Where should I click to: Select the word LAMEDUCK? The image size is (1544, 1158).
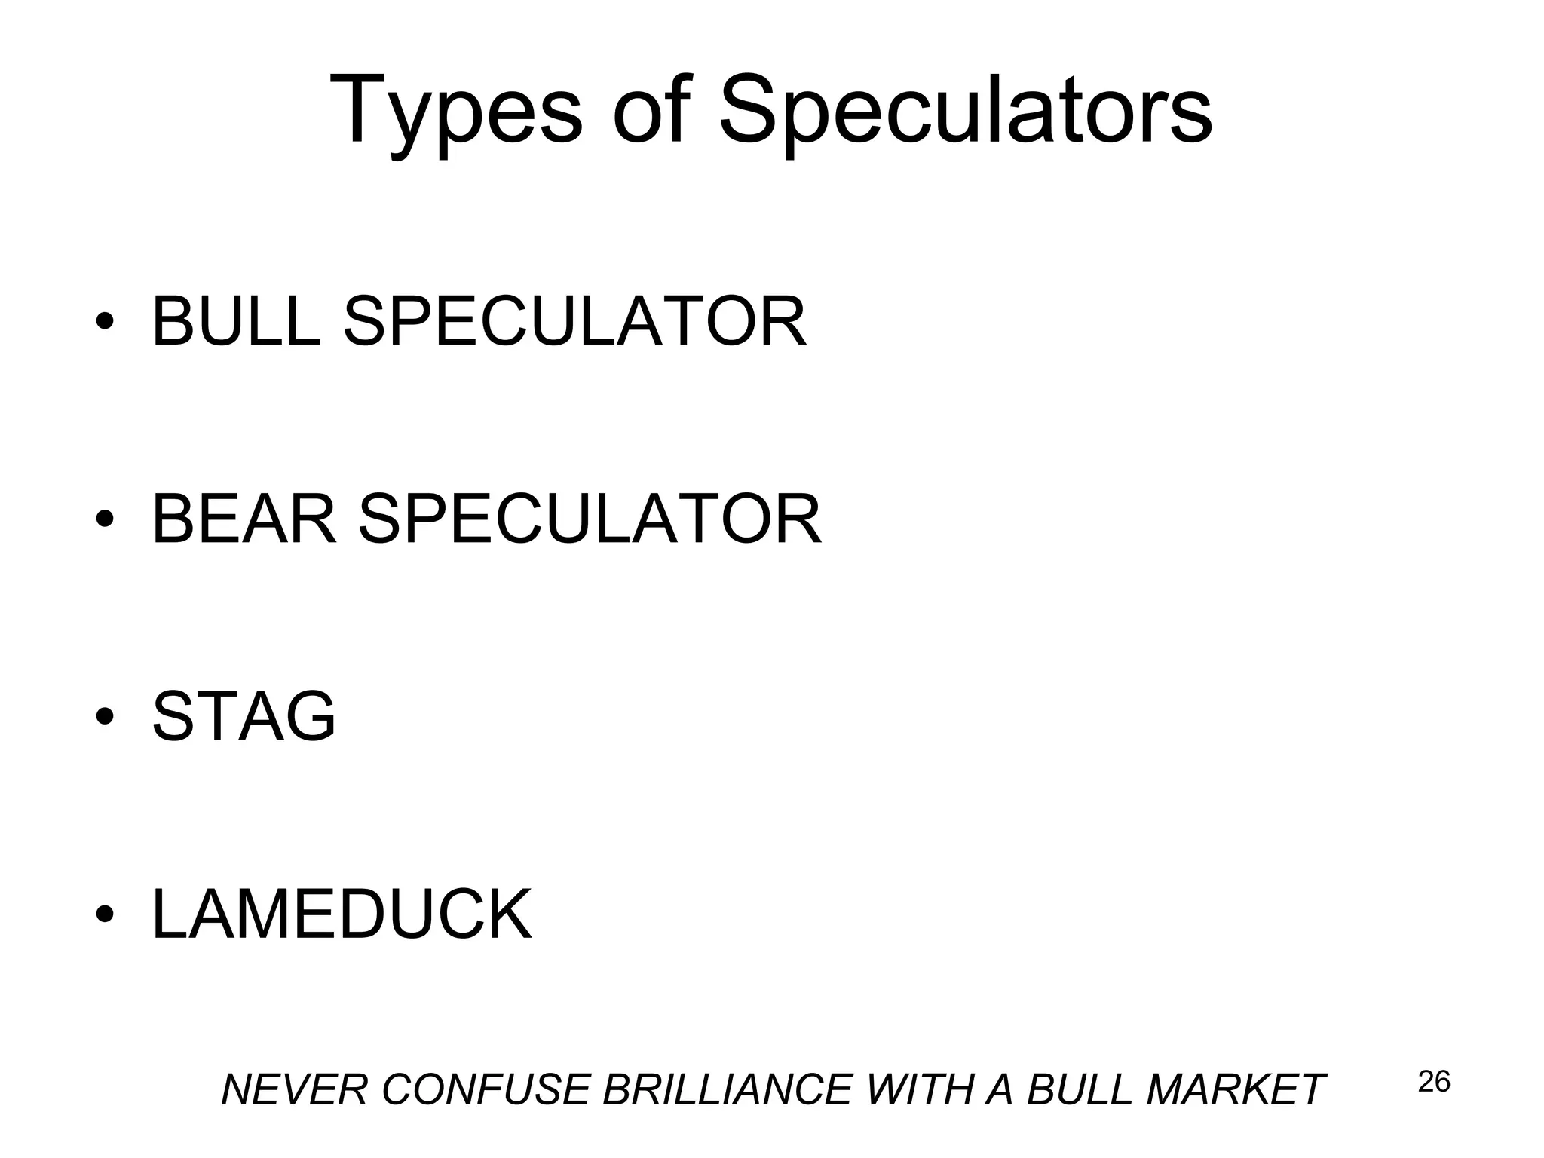click(342, 914)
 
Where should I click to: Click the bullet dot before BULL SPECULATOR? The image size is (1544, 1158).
click(105, 323)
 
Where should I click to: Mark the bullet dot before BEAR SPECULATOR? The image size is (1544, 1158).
click(105, 520)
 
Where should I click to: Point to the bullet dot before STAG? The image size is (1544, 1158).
click(105, 717)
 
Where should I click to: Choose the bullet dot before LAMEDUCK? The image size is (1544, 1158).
click(105, 915)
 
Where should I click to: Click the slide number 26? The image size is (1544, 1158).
click(1434, 1082)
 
